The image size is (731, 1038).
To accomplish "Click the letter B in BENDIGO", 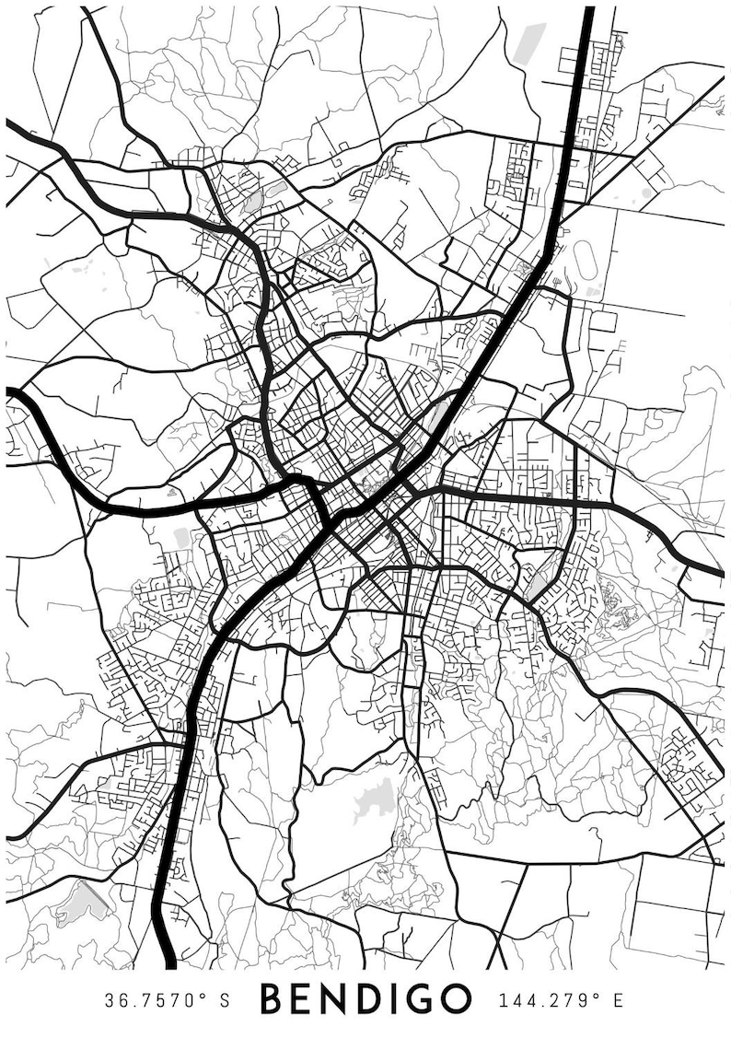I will point(271,998).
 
